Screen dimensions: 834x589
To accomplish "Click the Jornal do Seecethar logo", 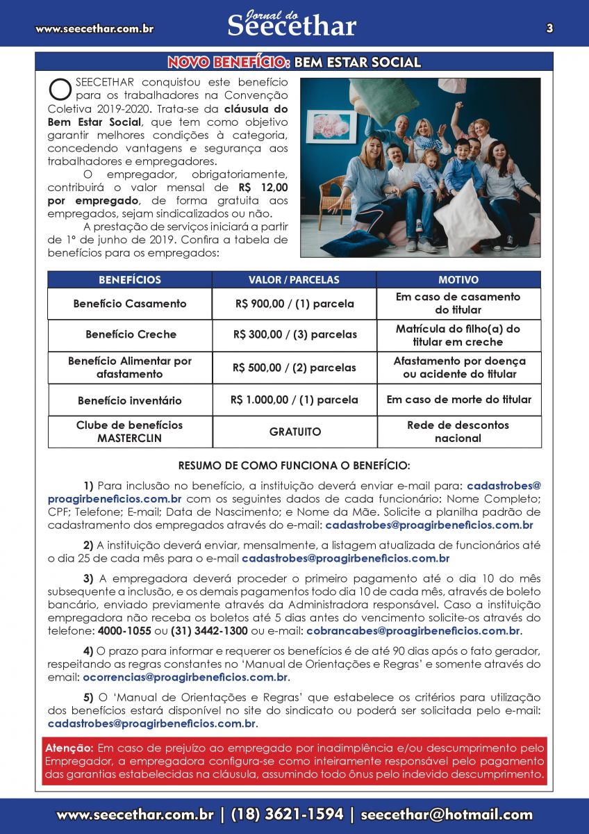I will pos(292,24).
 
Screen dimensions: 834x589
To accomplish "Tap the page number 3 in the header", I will pos(549,28).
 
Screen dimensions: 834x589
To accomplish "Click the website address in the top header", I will pos(94,28).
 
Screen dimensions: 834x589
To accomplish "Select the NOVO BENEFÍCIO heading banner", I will pos(294,62).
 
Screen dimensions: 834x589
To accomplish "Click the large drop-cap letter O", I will pos(60,90).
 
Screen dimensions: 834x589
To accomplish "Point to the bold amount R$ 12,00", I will pos(263,188).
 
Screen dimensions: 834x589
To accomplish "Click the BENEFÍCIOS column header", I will pos(130,279).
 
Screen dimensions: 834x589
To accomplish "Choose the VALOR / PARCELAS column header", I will pos(294,279).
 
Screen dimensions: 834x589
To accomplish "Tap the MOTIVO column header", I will pos(458,279).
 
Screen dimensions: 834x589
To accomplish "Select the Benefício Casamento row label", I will pos(130,304).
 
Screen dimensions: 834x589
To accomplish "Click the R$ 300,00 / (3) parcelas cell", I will pos(294,334).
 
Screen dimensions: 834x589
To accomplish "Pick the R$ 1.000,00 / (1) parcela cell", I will pos(294,400).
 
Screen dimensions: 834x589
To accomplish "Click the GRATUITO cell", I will pos(295,432).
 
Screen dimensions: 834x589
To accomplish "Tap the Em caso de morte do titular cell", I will pos(458,400).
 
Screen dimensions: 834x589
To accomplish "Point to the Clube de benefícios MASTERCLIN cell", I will pos(130,432).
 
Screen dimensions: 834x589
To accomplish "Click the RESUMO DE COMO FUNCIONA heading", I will pos(294,465).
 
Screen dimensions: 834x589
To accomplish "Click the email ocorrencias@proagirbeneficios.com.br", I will pos(185,677).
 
